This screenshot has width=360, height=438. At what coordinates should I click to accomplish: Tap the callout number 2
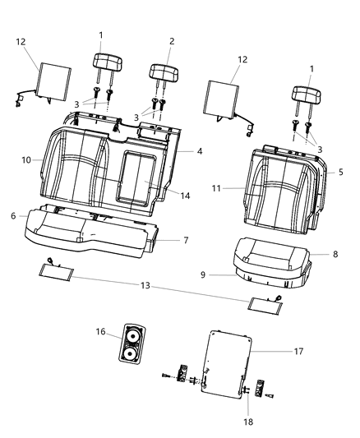pyautogui.click(x=171, y=41)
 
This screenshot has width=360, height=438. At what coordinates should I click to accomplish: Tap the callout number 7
pyautogui.click(x=187, y=240)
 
